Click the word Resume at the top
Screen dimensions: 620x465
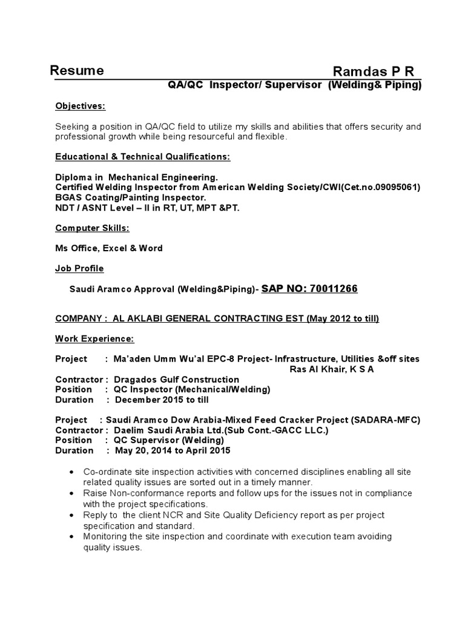coord(76,70)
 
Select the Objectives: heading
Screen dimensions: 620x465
coord(80,106)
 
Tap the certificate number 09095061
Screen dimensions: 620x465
coord(391,187)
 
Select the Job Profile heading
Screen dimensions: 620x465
coord(79,268)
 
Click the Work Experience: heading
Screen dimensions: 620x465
coord(94,338)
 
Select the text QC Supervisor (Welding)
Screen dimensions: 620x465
coord(165,440)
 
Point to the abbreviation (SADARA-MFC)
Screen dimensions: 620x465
coord(388,420)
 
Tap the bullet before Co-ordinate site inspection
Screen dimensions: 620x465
coord(73,472)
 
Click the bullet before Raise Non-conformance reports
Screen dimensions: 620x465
coord(73,493)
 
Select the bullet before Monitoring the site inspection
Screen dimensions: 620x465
coord(73,537)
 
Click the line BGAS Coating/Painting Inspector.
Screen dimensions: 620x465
coord(131,197)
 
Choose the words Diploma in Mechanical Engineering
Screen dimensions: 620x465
coord(136,177)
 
